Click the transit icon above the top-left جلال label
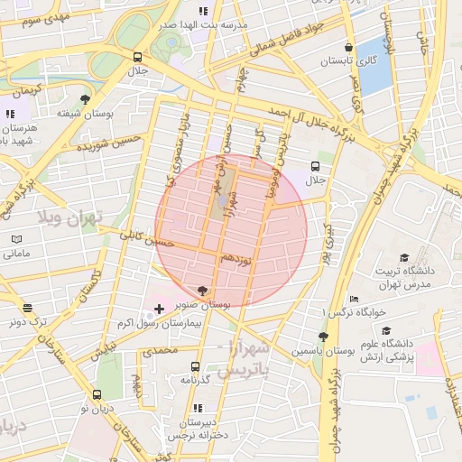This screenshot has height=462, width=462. (x=137, y=56)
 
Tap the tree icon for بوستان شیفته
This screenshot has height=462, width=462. (x=85, y=99)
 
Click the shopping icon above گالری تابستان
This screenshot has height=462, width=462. (x=348, y=48)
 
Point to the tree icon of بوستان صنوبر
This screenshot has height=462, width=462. (x=200, y=291)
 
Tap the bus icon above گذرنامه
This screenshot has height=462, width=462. (x=195, y=366)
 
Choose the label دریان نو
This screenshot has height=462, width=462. (x=97, y=409)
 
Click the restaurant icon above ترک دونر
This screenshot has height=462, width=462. (x=26, y=307)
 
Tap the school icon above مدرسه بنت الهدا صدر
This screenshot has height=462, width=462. (x=203, y=12)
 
